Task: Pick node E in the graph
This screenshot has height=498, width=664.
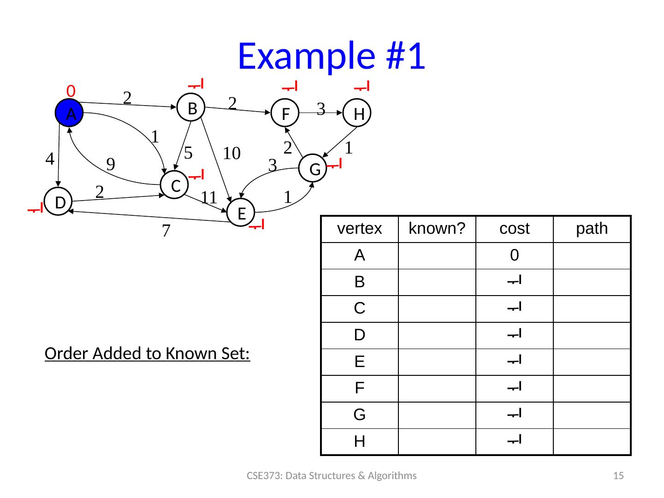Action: click(x=241, y=213)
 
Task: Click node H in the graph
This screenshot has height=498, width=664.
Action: click(x=358, y=113)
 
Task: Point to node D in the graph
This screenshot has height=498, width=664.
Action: click(x=59, y=202)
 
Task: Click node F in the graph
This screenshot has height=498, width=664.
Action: click(x=285, y=113)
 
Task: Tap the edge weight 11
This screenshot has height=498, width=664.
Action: click(x=209, y=197)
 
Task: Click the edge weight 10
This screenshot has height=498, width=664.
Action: click(x=232, y=153)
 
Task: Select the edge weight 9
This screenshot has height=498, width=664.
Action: click(x=111, y=164)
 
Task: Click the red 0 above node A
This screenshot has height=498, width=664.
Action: click(x=71, y=91)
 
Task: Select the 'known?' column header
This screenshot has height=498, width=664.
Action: click(x=437, y=229)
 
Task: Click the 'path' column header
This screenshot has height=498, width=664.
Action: click(x=592, y=229)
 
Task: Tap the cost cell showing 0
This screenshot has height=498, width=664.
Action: click(x=514, y=255)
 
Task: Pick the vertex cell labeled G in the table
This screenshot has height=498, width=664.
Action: click(x=359, y=415)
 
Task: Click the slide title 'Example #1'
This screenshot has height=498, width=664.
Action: click(x=331, y=56)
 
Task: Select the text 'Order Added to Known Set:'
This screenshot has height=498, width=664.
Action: click(x=148, y=354)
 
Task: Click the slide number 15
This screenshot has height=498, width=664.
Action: click(x=618, y=475)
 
